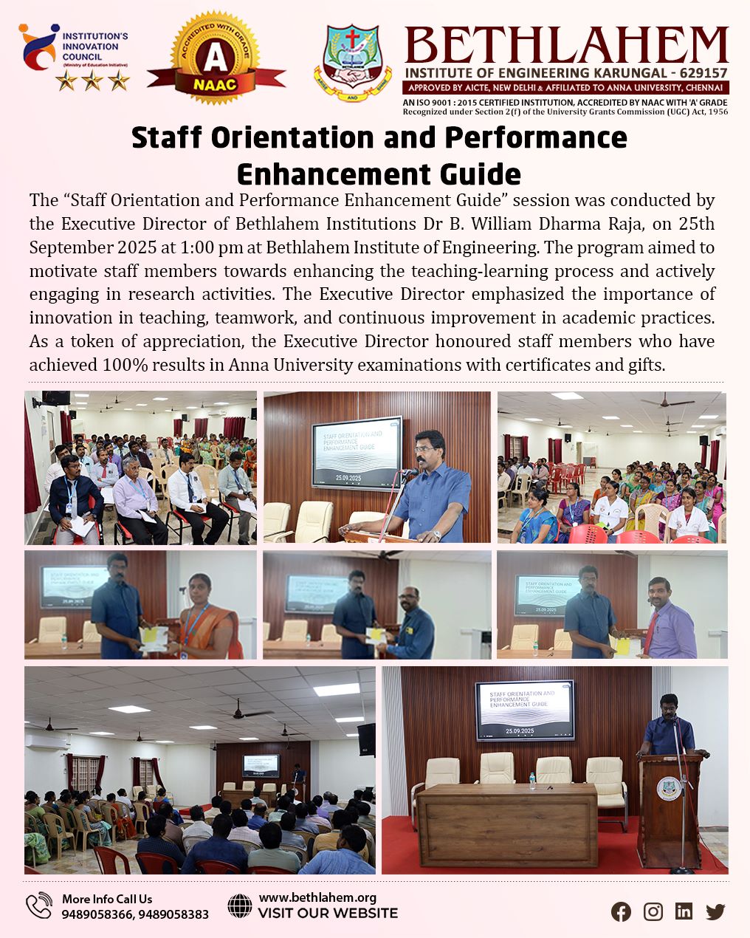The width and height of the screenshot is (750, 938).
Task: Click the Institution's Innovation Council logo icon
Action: click(x=38, y=45)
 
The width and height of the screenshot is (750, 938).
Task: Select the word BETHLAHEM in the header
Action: click(x=565, y=45)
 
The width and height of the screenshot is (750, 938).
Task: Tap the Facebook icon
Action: click(x=621, y=911)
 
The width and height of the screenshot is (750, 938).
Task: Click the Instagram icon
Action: click(x=653, y=911)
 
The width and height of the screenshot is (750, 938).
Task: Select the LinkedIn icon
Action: click(x=684, y=911)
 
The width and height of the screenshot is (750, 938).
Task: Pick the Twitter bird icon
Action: click(x=715, y=911)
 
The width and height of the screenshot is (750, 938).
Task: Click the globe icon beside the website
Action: click(x=240, y=906)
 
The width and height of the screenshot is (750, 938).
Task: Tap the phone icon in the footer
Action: click(x=39, y=906)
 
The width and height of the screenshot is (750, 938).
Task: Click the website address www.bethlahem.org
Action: click(x=317, y=897)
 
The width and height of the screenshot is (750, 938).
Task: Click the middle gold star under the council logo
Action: click(x=92, y=81)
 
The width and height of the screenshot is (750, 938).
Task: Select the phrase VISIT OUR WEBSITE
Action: click(x=328, y=914)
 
